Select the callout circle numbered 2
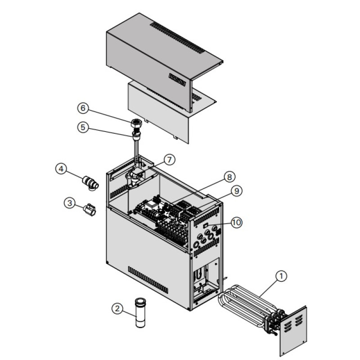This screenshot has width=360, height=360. point(117,308)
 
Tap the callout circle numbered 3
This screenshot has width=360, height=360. point(69,203)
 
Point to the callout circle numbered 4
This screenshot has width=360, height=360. point(61,169)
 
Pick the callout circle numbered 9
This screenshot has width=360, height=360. point(236,191)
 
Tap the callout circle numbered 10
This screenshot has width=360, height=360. point(238,221)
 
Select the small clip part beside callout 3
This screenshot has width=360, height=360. point(89,210)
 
